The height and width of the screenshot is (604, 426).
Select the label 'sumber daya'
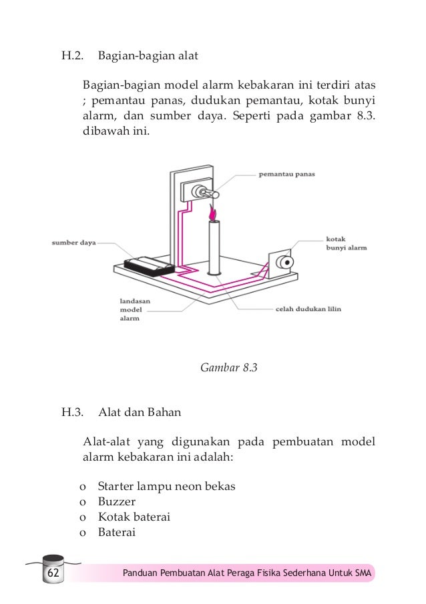[x=74, y=243]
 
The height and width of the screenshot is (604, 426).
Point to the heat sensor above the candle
[x=202, y=193]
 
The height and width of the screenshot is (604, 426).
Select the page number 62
[x=53, y=574]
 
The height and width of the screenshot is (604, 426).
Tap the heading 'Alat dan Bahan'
[x=140, y=412]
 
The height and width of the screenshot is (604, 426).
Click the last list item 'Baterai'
[x=117, y=532]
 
